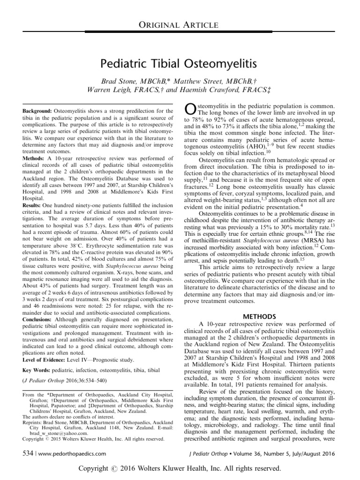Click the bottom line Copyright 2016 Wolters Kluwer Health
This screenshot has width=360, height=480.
(x=180, y=469)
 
